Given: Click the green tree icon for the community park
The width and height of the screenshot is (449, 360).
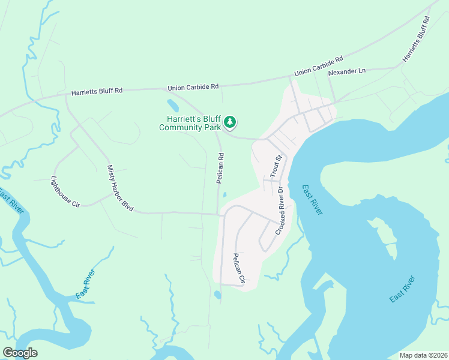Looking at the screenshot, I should coord(229,122).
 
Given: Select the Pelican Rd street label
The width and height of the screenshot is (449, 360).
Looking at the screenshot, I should coord(221,168).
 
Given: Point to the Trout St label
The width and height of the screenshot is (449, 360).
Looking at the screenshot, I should coord(275,166).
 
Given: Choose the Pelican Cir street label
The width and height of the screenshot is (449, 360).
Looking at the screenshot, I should coord(240,268).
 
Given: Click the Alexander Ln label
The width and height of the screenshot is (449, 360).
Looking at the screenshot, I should coord(346,71).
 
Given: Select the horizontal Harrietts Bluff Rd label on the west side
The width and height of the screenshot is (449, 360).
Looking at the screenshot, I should coord(97,91).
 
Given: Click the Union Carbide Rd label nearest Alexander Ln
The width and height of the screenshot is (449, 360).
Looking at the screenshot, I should coord(318,66).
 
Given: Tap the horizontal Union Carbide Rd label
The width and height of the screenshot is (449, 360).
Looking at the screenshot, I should coord(193,87).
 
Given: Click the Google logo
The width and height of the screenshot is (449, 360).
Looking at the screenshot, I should coord(20,353).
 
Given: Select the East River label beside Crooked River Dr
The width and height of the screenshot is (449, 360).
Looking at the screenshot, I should coord(312,199).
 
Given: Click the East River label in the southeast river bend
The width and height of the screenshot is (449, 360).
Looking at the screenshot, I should coord(402,289).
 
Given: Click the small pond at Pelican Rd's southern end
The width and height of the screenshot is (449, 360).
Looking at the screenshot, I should coord(217,295).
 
